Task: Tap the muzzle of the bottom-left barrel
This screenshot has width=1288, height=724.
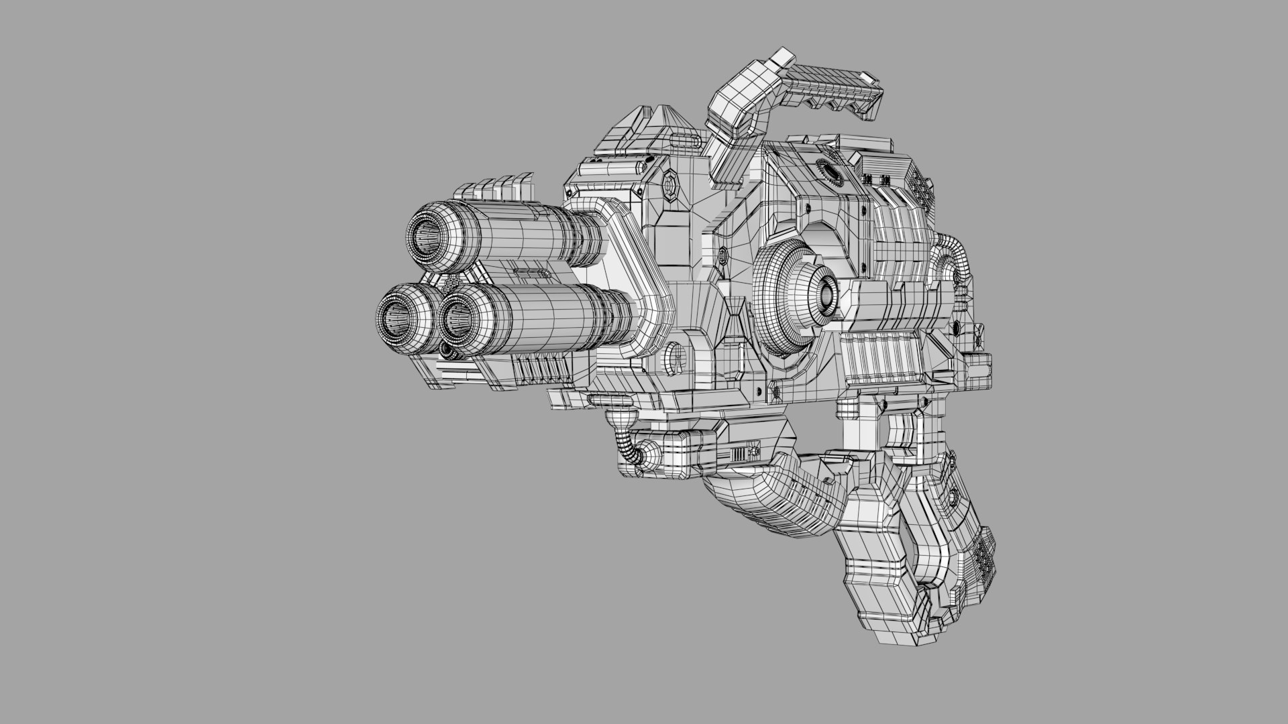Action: tap(394, 314)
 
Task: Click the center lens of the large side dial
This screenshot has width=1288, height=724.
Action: tap(827, 293)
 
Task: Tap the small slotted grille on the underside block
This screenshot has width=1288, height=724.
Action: tap(739, 455)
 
